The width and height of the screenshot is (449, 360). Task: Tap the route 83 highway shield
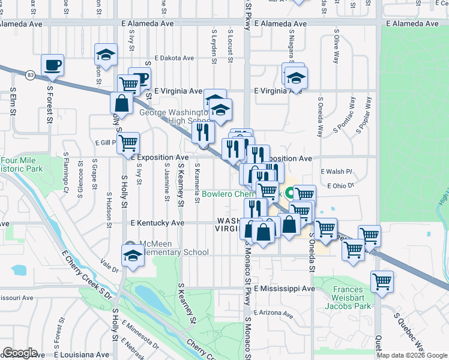tap(31, 75)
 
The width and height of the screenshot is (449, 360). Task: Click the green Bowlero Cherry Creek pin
tap(289, 194)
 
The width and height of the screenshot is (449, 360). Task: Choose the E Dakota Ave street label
tap(174, 58)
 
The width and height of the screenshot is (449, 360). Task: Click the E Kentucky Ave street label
tap(157, 223)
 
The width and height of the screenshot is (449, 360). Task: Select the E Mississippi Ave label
tap(284, 289)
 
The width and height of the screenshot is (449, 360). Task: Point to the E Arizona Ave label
tap(274, 313)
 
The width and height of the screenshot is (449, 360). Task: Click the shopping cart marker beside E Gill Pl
tap(128, 143)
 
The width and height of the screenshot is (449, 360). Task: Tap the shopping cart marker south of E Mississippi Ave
tap(382, 281)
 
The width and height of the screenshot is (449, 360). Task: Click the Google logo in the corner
tap(20, 353)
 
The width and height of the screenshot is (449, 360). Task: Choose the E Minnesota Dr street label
tap(139, 335)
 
